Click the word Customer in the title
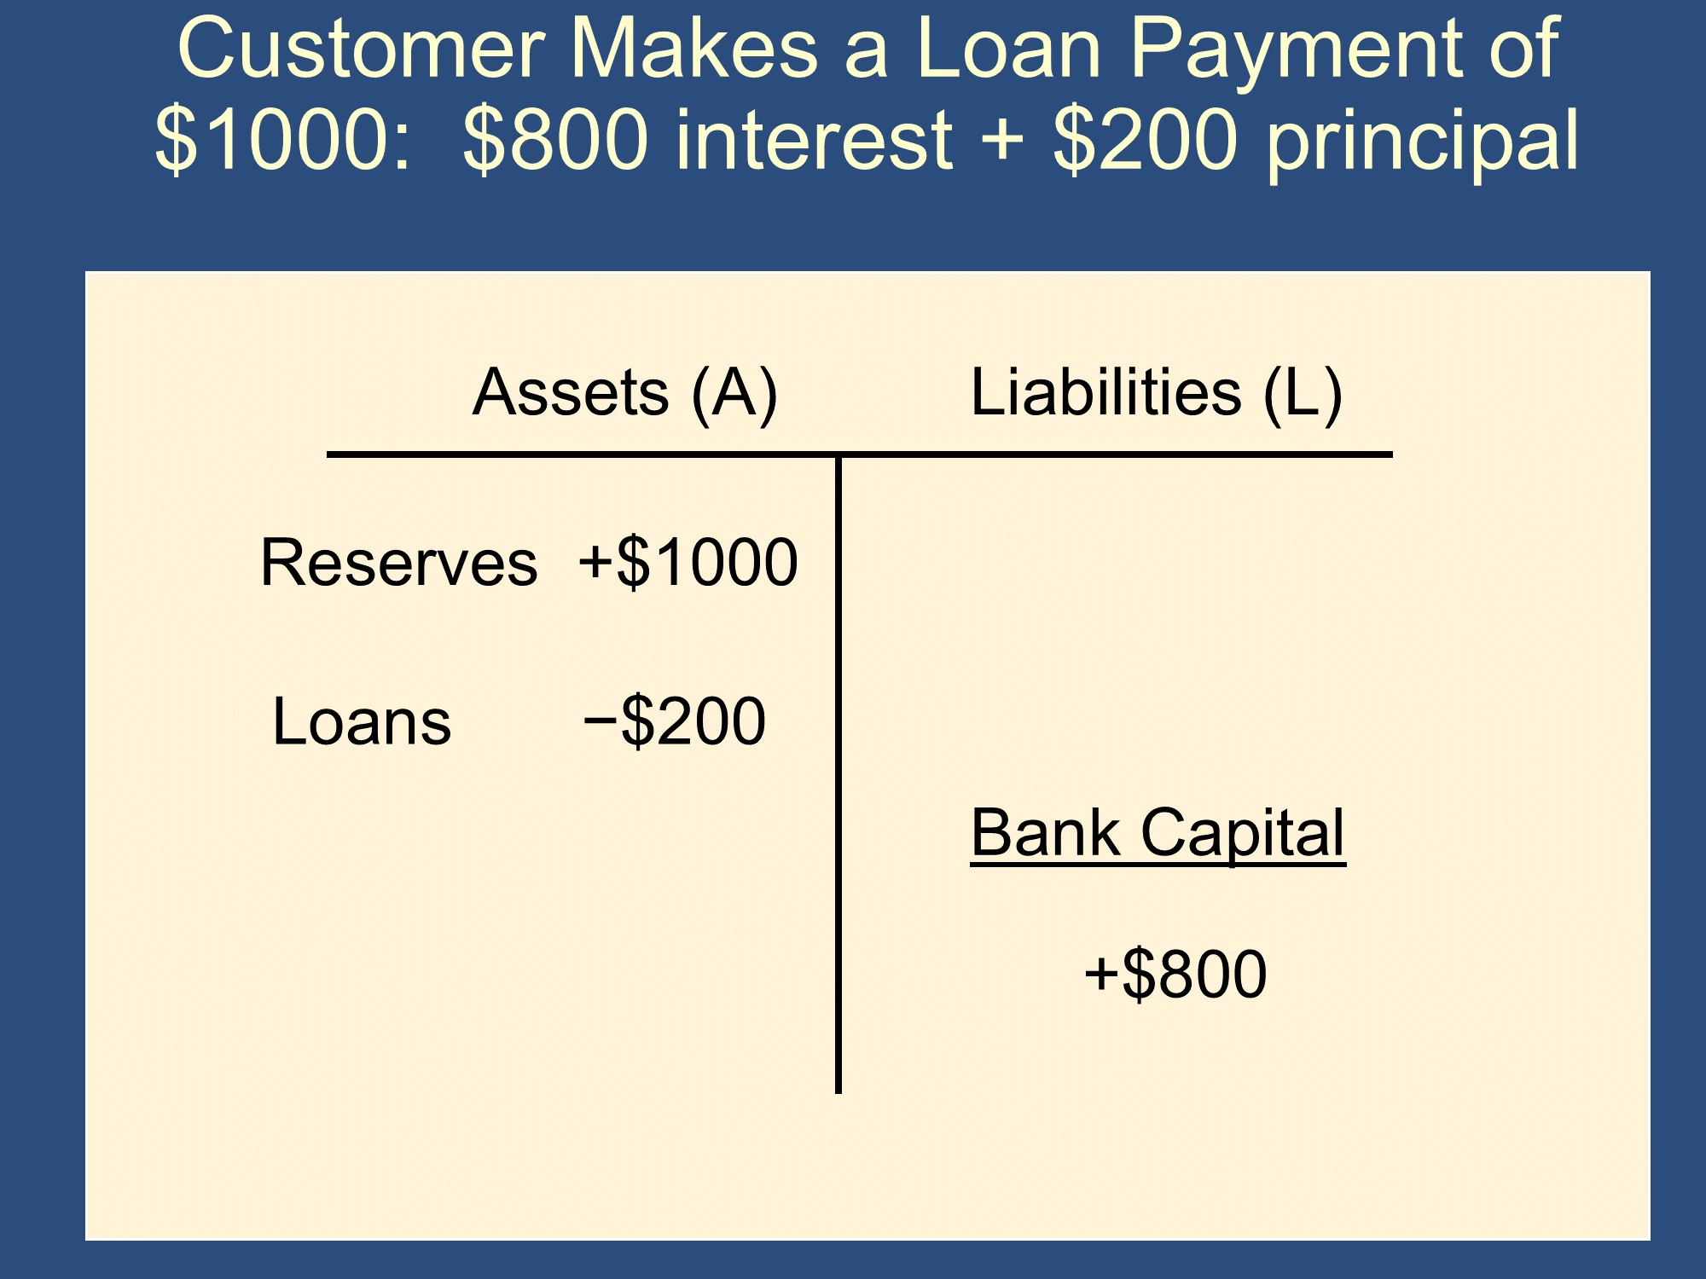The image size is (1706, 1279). pyautogui.click(x=361, y=49)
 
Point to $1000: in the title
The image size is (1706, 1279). pyautogui.click(x=284, y=139)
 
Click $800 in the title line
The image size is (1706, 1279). pyautogui.click(x=555, y=139)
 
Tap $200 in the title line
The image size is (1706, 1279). pyautogui.click(x=1146, y=139)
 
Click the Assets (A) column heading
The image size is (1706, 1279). pyautogui.click(x=625, y=393)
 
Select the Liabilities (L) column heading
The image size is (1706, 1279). pyautogui.click(x=1157, y=393)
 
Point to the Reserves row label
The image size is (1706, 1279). pyautogui.click(x=399, y=563)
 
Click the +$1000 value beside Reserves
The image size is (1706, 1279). pyautogui.click(x=688, y=563)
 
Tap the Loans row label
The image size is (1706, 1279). pyautogui.click(x=362, y=722)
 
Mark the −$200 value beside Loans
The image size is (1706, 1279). pyautogui.click(x=675, y=722)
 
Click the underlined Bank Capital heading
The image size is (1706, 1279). pyautogui.click(x=1158, y=834)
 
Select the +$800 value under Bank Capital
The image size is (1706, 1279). pyautogui.click(x=1175, y=975)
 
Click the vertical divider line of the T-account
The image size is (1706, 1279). pyautogui.click(x=838, y=774)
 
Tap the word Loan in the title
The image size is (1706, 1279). pyautogui.click(x=1009, y=49)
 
